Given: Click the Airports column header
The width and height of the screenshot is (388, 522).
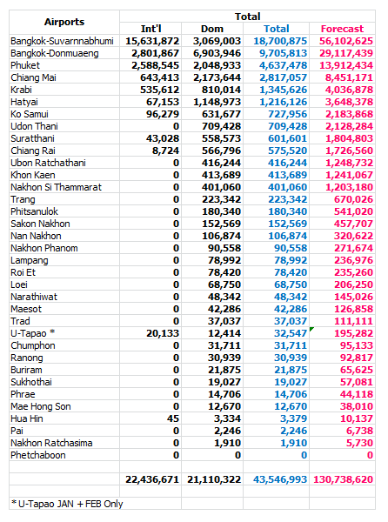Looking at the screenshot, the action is coord(64,22).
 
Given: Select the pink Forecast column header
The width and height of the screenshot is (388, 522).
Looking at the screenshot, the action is coord(342,29).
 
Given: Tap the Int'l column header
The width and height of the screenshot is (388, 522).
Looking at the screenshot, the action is coord(151,29).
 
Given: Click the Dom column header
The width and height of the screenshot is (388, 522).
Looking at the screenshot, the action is coord(212,29).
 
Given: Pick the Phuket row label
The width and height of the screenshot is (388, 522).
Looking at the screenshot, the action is coord(25,65).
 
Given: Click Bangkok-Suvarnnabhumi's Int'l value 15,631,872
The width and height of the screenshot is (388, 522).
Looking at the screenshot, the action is coord(152,41).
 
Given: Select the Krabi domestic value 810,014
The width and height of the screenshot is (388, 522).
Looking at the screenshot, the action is coord(221,90).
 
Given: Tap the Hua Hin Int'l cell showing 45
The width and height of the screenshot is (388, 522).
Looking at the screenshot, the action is coord(173,418).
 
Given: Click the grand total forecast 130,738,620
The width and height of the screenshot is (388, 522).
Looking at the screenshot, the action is coord(343,479).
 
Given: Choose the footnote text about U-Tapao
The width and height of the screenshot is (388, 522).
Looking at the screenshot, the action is coord(67,504).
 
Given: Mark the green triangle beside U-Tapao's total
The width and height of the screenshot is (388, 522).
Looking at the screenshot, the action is coord(311,329).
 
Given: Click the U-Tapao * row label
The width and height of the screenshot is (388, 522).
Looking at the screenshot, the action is coord(32,333).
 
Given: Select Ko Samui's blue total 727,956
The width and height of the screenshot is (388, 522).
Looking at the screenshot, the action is coord(287,114).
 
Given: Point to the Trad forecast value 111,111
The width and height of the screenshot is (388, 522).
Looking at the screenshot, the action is coord(353,321).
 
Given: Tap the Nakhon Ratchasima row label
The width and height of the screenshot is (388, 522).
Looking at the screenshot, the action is coord(51,443).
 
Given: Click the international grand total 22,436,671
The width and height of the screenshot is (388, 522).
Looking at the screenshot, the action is coord(152,479).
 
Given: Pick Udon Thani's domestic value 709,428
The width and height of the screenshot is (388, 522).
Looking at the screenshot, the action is coord(221,126).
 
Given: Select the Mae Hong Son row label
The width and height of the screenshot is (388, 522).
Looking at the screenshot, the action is coord(41,406).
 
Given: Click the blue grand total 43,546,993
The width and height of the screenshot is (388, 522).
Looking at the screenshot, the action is coord(280,479).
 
